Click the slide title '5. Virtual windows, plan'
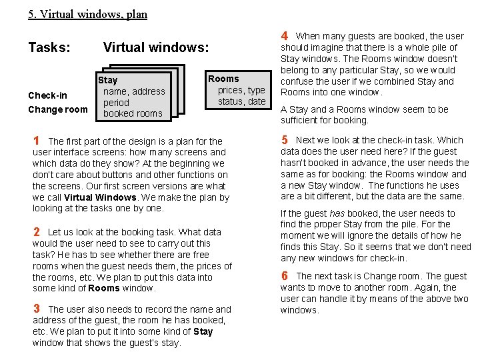[87, 13]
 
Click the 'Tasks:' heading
[49, 47]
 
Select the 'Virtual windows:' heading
[156, 47]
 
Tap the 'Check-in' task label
[47, 95]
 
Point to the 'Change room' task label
[57, 109]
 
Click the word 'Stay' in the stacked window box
[108, 80]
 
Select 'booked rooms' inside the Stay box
[133, 113]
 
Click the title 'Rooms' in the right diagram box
[223, 79]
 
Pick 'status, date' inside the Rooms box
[242, 101]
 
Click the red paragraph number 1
[37, 141]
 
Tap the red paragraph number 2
[37, 232]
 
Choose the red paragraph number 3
[37, 309]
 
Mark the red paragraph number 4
[284, 35]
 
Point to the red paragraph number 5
[285, 140]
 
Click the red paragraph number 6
[285, 275]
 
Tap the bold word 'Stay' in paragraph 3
[203, 331]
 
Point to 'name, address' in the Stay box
[134, 91]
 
